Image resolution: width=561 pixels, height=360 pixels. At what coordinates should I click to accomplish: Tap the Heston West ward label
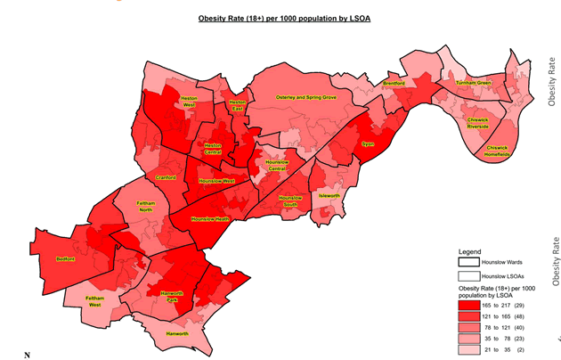[x=189, y=101]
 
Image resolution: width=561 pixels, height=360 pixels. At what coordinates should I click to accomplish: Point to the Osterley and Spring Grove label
[x=306, y=96]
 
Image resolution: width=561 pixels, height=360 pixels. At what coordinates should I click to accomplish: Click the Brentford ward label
[x=394, y=83]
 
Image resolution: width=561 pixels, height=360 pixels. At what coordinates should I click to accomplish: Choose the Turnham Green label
[x=473, y=83]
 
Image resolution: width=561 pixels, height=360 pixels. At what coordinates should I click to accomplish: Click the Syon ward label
[x=366, y=143]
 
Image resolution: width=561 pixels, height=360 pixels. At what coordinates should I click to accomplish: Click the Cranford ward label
[x=166, y=177]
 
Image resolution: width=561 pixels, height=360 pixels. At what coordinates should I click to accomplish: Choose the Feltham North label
[x=146, y=206]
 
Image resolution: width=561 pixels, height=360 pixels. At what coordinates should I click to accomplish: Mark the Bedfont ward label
[x=65, y=259]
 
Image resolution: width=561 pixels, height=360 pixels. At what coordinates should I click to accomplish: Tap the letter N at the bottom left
[x=27, y=355]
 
